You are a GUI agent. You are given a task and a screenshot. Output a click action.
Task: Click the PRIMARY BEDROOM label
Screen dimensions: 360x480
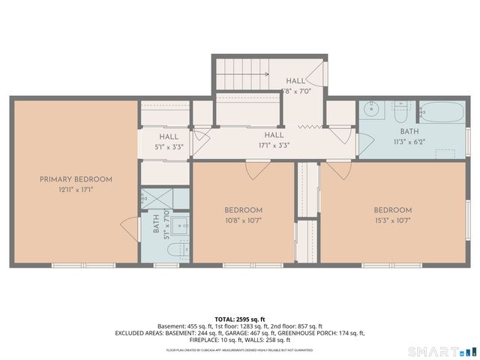(76, 179)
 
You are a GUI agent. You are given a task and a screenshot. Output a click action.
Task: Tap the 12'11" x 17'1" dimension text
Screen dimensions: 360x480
(76, 190)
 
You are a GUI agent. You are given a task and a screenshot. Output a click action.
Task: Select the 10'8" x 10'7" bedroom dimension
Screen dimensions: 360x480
(243, 220)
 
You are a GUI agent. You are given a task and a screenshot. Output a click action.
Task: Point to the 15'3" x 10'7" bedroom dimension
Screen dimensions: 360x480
(393, 220)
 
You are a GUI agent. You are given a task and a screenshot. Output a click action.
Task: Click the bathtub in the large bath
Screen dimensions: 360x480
(442, 113)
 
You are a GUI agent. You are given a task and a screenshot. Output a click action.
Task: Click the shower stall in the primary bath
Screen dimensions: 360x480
(157, 199)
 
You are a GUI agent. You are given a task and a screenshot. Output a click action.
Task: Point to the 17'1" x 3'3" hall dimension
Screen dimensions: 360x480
(273, 145)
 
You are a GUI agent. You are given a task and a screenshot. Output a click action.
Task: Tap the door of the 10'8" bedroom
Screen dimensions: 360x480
(256, 170)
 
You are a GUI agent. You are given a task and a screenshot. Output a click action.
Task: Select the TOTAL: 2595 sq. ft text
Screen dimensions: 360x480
(239, 319)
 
